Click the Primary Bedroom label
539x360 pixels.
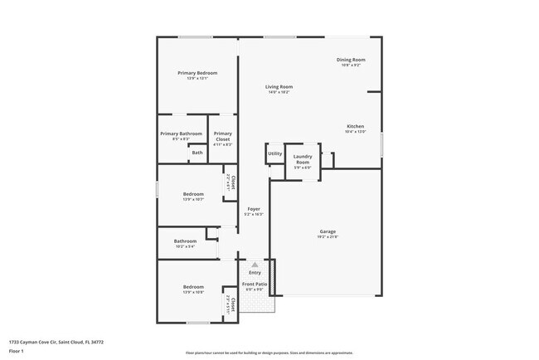click(197, 73)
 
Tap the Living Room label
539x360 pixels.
click(279, 86)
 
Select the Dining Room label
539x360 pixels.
click(351, 60)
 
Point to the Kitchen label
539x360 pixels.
click(355, 127)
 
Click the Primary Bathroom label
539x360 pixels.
click(181, 134)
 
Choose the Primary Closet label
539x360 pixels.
click(222, 136)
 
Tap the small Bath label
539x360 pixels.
click(197, 153)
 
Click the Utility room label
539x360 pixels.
click(274, 153)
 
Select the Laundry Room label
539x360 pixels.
click(302, 158)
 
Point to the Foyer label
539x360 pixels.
click(254, 209)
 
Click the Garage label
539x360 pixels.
click(328, 231)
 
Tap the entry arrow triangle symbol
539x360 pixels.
click(255, 264)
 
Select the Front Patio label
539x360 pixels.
click(255, 284)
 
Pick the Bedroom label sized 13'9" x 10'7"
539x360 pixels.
click(193, 194)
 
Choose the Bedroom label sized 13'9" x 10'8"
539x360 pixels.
click(193, 287)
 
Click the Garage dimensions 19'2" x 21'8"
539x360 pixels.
click(328, 237)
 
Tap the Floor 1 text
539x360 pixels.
click(17, 351)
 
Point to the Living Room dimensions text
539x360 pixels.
click(279, 92)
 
